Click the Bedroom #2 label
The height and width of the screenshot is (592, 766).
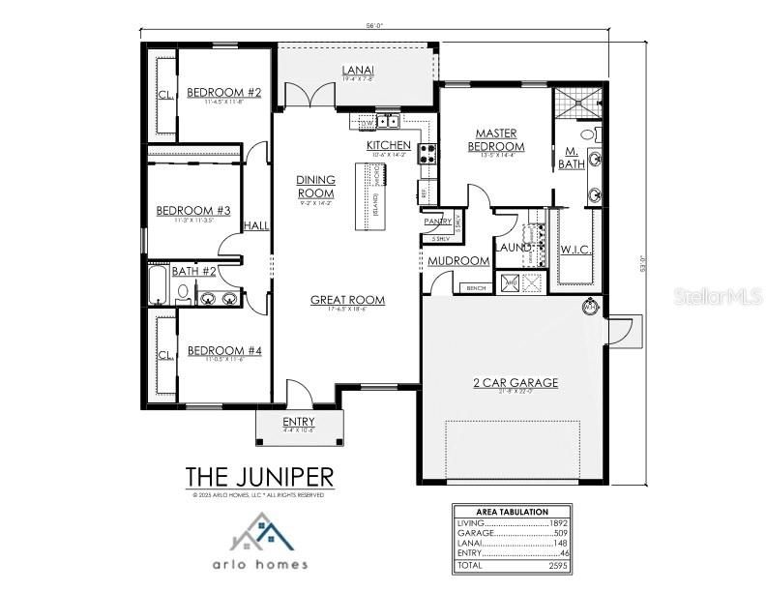(224, 93)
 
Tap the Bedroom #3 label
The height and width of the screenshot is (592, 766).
(193, 210)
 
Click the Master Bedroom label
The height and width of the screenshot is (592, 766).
(495, 139)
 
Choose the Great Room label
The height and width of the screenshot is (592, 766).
(347, 300)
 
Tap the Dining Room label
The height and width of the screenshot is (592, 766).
(315, 186)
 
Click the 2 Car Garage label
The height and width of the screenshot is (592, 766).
(515, 382)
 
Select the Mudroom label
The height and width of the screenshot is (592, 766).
(457, 260)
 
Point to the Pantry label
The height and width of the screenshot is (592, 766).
(437, 222)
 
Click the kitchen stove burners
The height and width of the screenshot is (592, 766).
(427, 153)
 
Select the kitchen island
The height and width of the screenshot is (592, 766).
(368, 197)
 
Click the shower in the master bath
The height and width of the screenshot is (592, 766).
(577, 103)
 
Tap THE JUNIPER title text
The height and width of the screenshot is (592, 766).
(259, 477)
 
